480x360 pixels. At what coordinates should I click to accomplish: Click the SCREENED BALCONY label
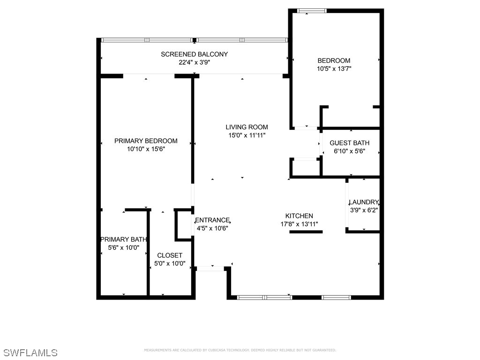coord(194,54)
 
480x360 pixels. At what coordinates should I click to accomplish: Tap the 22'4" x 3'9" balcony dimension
coord(194,62)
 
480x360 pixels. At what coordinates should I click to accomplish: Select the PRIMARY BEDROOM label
coord(146,141)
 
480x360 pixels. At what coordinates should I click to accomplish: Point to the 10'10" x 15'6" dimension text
coord(146,149)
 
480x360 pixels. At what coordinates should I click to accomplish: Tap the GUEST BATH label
coord(349,143)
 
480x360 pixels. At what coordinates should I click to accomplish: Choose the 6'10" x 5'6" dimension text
coord(349,151)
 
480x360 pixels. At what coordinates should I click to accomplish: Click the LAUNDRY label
coord(363,202)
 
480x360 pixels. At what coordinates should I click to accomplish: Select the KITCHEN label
coord(300,216)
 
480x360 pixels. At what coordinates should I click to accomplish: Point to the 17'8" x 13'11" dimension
coord(300,224)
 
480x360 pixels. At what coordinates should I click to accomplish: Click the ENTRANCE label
coord(212,220)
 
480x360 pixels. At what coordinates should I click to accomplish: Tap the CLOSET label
coord(170,255)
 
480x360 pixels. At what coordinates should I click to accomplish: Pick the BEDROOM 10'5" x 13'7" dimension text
coord(334,68)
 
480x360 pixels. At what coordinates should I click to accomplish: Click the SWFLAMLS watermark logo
coord(30,352)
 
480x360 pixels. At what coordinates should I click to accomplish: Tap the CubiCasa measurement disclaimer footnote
coord(240,350)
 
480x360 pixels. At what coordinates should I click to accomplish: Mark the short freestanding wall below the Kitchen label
coord(306,232)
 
